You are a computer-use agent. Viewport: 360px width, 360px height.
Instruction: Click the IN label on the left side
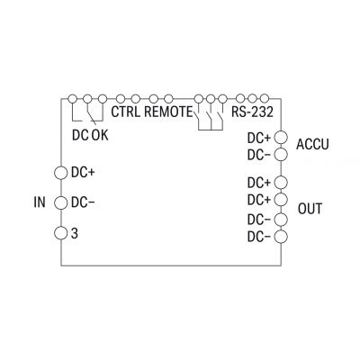pyautogui.click(x=40, y=202)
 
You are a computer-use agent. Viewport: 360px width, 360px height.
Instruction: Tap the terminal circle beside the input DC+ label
pyautogui.click(x=60, y=173)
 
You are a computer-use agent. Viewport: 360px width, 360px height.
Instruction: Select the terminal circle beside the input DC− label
pyautogui.click(x=60, y=203)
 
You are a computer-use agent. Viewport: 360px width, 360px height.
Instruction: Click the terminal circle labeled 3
pyautogui.click(x=60, y=233)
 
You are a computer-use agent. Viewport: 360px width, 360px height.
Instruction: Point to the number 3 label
pyautogui.click(x=75, y=233)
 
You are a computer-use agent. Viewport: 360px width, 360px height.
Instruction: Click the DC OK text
pyautogui.click(x=90, y=135)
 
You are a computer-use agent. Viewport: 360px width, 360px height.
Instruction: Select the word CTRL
pyautogui.click(x=126, y=112)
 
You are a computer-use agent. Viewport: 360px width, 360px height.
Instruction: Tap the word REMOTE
pyautogui.click(x=168, y=112)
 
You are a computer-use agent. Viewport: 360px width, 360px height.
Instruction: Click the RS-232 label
pyautogui.click(x=252, y=112)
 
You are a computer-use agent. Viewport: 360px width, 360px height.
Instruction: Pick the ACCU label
pyautogui.click(x=312, y=144)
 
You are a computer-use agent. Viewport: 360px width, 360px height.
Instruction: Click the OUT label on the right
pyautogui.click(x=310, y=209)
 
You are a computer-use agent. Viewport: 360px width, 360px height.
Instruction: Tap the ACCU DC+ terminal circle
pyautogui.click(x=281, y=138)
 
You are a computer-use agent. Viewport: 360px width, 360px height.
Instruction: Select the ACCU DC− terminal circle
pyautogui.click(x=281, y=155)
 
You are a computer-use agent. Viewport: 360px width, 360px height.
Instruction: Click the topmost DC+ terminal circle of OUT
pyautogui.click(x=281, y=182)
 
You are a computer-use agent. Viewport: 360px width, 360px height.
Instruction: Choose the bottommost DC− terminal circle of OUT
pyautogui.click(x=281, y=237)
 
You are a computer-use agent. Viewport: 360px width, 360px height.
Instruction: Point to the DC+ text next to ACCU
pyautogui.click(x=259, y=139)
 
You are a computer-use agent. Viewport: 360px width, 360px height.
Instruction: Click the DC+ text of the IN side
pyautogui.click(x=83, y=173)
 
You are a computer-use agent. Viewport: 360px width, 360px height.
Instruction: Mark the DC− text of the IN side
pyautogui.click(x=83, y=203)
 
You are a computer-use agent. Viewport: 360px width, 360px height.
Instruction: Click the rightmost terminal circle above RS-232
pyautogui.click(x=265, y=98)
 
